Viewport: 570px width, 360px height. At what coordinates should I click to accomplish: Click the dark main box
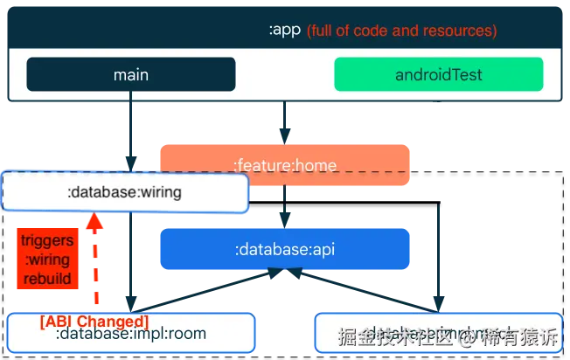[x=131, y=74]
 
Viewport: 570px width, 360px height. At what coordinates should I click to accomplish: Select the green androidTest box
[x=438, y=74]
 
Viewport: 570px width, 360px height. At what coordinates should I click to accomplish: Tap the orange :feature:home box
[x=285, y=164]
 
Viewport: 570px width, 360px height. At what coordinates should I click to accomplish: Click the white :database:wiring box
[x=125, y=193]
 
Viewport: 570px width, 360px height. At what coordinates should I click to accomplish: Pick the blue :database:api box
[x=285, y=249]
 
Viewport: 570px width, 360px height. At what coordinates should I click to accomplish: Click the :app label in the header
[x=285, y=31]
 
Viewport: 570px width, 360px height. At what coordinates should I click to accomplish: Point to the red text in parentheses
[x=401, y=31]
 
